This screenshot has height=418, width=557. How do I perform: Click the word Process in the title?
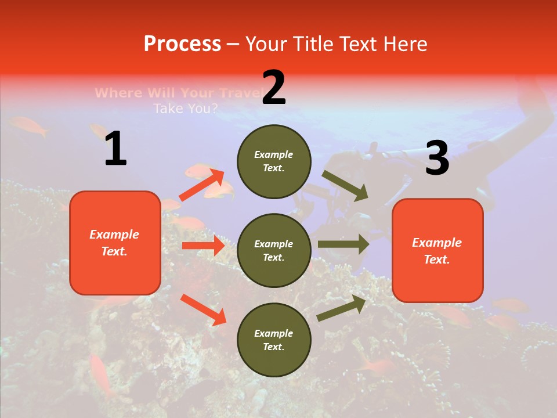click(x=182, y=44)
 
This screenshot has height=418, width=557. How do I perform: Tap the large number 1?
click(x=115, y=149)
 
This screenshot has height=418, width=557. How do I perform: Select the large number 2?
click(x=274, y=88)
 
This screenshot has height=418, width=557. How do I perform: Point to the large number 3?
click(x=437, y=158)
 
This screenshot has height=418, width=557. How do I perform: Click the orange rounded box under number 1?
click(x=115, y=243)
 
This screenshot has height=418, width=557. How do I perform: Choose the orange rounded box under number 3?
click(x=437, y=250)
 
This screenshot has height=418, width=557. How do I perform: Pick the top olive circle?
click(x=274, y=161)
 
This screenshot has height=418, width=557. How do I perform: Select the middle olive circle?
click(x=274, y=250)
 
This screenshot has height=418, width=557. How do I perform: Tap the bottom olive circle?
click(x=274, y=340)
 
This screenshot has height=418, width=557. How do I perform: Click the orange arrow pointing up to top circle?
click(x=202, y=185)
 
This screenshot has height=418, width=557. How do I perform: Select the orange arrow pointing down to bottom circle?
click(x=203, y=309)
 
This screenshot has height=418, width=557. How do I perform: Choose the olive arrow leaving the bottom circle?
click(x=341, y=308)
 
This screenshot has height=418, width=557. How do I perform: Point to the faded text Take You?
click(x=186, y=108)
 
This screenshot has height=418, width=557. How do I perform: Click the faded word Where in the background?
click(x=118, y=93)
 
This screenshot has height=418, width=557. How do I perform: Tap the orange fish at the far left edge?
click(x=29, y=126)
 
